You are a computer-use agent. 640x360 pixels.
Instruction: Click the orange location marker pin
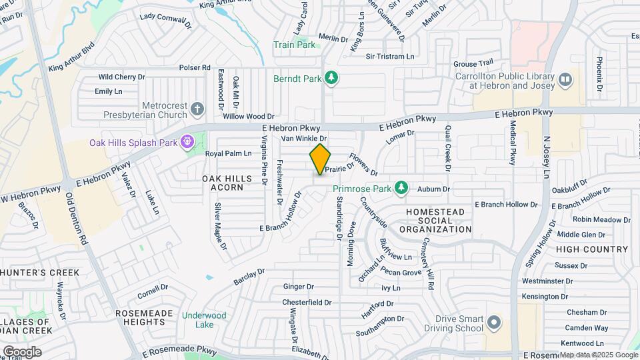coord(320,159)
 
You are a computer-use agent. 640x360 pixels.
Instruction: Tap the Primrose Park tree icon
coord(401,189)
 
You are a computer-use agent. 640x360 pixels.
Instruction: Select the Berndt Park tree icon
coord(331,78)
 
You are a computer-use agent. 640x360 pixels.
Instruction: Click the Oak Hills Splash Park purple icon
coord(188,142)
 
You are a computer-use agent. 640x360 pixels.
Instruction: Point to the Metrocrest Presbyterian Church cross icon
coord(197,108)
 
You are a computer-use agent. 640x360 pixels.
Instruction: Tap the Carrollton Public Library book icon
coord(565,80)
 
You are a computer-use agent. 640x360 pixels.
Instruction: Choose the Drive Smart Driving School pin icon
coord(493,323)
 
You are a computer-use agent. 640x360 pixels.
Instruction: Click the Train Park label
coord(294,45)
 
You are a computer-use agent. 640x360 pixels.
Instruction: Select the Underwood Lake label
coord(204,320)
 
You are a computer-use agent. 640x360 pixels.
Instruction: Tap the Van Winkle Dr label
coord(303,139)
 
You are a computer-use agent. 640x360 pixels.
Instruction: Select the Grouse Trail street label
coord(473,63)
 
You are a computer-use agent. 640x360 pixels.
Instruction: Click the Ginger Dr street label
coord(299,287)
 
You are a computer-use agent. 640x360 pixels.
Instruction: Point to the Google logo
coord(21,352)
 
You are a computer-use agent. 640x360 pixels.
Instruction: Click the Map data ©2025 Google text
coord(599,355)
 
